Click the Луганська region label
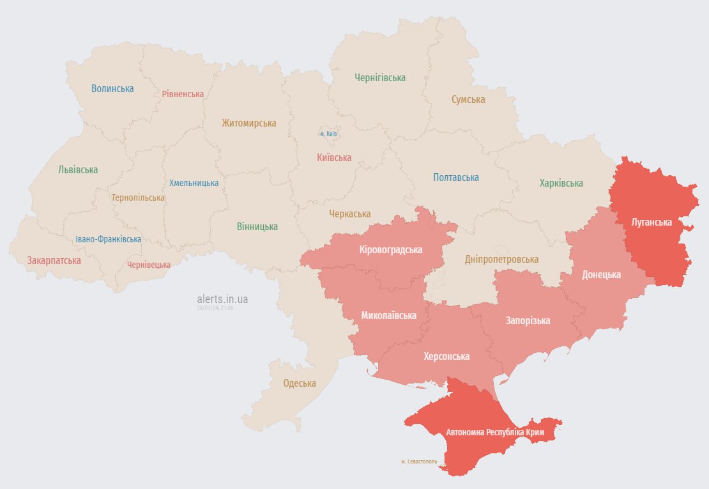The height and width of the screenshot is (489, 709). tap(651, 222)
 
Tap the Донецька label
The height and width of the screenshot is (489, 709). tap(601, 275)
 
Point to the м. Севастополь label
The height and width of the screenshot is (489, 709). tap(419, 462)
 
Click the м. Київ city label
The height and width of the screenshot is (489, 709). tap(328, 134)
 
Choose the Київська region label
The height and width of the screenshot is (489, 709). tap(334, 157)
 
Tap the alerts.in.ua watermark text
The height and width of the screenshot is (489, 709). tap(223, 299)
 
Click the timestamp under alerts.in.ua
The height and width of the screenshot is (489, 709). tap(215, 308)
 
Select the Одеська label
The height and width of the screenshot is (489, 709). tap(300, 384)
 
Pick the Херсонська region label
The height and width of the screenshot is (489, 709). tap(446, 356)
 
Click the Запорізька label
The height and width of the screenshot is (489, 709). tap(528, 320)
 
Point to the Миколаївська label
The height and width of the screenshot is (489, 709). tap(388, 315)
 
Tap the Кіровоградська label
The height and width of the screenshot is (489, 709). tap(391, 250)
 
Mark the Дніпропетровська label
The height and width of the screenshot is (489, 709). tap(501, 259)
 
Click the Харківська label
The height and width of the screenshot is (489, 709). tap(561, 183)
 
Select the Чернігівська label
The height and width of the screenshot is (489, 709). tap(380, 77)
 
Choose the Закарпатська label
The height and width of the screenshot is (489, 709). tap(54, 261)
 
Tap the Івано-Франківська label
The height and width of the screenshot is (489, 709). tap(108, 239)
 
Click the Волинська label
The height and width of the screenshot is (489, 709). tap(112, 88)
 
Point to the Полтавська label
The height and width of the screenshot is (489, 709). tap(455, 177)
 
